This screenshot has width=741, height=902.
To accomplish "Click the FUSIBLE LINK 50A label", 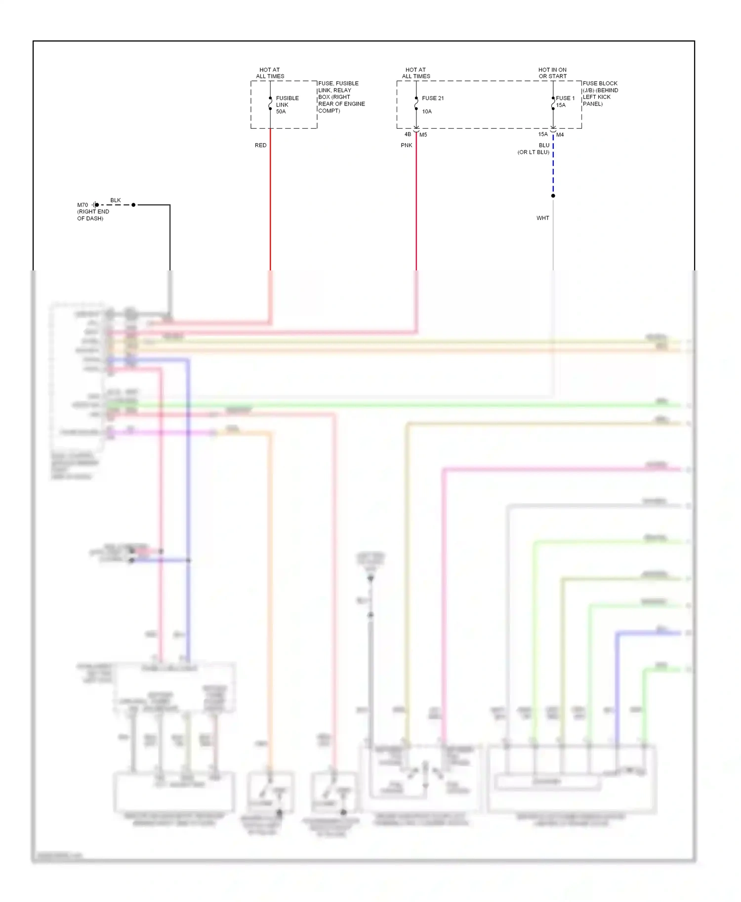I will pyautogui.click(x=287, y=105).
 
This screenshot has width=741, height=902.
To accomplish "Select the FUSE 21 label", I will pyautogui.click(x=433, y=98).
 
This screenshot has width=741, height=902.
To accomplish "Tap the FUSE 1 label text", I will pyautogui.click(x=565, y=98).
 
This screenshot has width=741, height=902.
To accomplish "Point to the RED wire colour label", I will pyautogui.click(x=260, y=145).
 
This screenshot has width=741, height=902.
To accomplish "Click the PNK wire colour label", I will pyautogui.click(x=406, y=145).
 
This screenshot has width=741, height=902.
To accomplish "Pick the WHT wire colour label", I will pyautogui.click(x=542, y=218).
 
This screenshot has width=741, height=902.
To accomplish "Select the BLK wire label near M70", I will pyautogui.click(x=115, y=200).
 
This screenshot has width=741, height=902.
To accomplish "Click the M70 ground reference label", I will pyautogui.click(x=82, y=205).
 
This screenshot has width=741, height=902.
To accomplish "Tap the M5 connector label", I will pyautogui.click(x=423, y=135).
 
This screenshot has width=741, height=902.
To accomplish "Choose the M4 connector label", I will pyautogui.click(x=560, y=135).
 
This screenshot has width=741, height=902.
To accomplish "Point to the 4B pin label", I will pyautogui.click(x=408, y=134).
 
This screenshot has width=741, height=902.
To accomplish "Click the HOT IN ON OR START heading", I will pyautogui.click(x=552, y=73).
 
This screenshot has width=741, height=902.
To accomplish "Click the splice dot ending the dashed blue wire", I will pyautogui.click(x=553, y=196).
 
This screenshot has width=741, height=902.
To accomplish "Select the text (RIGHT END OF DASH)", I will pyautogui.click(x=93, y=215).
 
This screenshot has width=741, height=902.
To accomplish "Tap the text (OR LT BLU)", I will pyautogui.click(x=533, y=152).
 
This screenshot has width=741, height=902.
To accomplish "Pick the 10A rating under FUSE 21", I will pyautogui.click(x=427, y=112).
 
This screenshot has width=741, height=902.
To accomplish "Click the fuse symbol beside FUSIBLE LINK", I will pyautogui.click(x=270, y=104).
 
